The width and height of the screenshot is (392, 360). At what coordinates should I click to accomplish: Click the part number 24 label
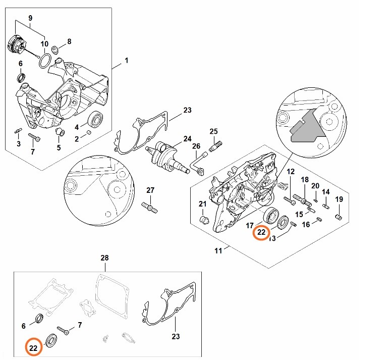(187, 138)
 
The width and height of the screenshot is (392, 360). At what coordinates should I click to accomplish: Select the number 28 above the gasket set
(104, 258)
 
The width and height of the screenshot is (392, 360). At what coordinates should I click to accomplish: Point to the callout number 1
(126, 61)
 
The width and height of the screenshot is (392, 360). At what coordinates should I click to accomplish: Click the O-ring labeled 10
(44, 61)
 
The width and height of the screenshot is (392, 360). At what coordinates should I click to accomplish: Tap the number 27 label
(150, 190)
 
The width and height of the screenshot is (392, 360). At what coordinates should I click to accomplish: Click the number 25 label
(213, 132)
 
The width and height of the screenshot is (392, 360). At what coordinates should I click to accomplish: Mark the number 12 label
(291, 172)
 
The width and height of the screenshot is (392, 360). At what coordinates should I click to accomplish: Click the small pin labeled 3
(18, 132)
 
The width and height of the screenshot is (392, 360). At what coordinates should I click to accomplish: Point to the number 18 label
(305, 180)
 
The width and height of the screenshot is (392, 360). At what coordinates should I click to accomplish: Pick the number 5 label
(59, 148)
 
